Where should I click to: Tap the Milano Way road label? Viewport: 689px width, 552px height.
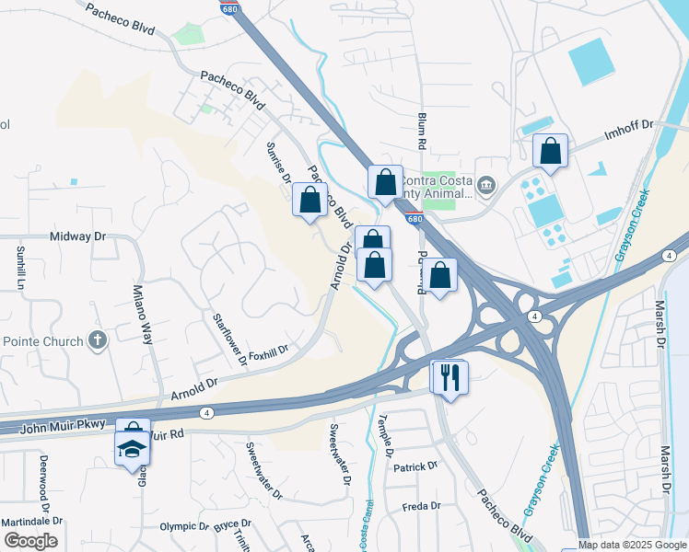pos(145,314)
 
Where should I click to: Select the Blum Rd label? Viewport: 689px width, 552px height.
pos(422,132)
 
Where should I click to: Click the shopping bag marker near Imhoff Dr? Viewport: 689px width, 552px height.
pos(550,152)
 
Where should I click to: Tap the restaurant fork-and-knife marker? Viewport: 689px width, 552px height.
pos(450,377)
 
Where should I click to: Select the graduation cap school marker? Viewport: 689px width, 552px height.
pos(132,448)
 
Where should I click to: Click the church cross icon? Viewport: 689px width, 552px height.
pos(98,340)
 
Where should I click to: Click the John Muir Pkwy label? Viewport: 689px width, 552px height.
pos(57,426)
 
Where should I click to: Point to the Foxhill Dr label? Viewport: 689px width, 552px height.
pos(268,350)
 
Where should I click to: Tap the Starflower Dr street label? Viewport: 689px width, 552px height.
pos(230,339)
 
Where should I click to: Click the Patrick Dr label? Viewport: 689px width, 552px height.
pos(415,467)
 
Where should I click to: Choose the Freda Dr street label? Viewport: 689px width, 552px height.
pos(423,507)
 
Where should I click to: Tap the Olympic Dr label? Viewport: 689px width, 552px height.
pos(184,526)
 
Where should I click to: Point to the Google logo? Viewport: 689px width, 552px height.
pos(30,541)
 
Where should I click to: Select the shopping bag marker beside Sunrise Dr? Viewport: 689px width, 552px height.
pos(310,200)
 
